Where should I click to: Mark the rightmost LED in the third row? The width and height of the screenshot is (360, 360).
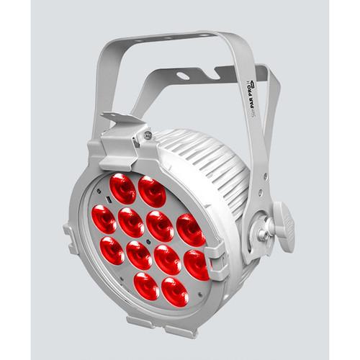coord(197,264)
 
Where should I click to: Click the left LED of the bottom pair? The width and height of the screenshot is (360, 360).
coord(147,286)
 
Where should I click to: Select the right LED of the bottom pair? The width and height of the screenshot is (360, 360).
coord(176,289)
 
